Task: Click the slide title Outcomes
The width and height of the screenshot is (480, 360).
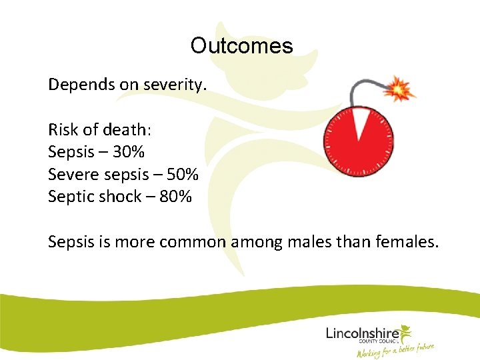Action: point(241,45)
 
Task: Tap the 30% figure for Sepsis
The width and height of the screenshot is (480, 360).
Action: point(128,152)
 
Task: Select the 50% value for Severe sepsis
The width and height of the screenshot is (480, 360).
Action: point(182,174)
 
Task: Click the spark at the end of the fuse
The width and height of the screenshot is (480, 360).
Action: point(401,87)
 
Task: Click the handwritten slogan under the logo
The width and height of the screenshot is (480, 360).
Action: point(395,349)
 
